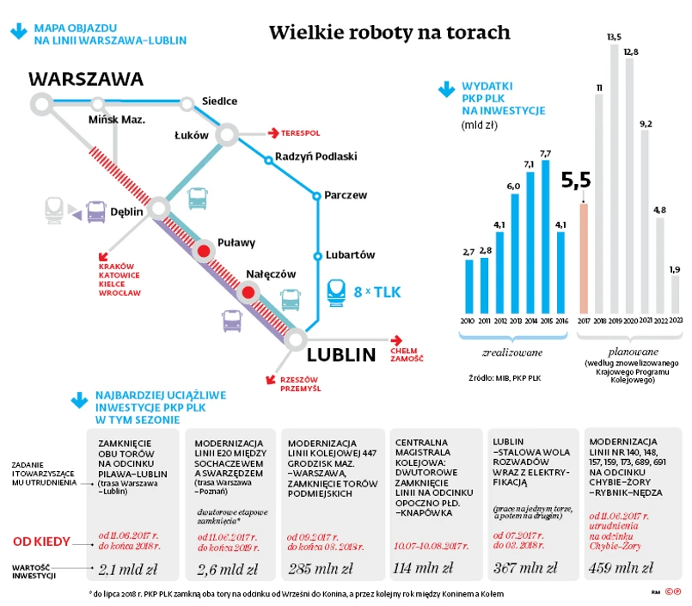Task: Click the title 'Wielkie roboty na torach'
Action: (x=389, y=33)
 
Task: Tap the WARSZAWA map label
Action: (x=86, y=80)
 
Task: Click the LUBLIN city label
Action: (x=341, y=354)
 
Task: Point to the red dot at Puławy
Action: (x=204, y=251)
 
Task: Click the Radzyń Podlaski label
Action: (x=315, y=157)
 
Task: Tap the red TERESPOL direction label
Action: (x=299, y=133)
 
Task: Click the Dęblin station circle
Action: (x=158, y=208)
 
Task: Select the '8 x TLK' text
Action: (x=377, y=292)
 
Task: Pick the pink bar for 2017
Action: (x=584, y=258)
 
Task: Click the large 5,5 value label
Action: (x=576, y=181)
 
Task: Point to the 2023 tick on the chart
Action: (x=676, y=320)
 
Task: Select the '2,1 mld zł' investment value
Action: (x=128, y=568)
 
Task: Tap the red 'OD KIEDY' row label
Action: (x=52, y=542)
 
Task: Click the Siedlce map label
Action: (x=219, y=101)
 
